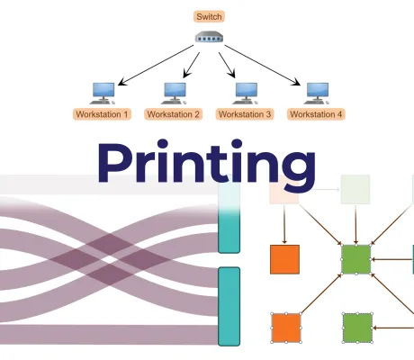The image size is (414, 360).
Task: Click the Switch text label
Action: tap(209, 16)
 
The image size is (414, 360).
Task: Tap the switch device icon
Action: tap(209, 39)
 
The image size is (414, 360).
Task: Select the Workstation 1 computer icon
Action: tap(102, 91)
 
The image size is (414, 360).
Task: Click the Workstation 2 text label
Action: tap(173, 114)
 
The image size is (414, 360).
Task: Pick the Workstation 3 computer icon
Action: tap(244, 91)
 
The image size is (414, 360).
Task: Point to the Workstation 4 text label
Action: tap(315, 114)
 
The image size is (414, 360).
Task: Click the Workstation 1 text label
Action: tap(102, 114)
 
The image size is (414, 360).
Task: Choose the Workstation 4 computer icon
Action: tap(315, 91)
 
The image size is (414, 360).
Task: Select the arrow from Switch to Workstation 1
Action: tap(153, 64)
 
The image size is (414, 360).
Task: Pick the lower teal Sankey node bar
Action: tap(229, 306)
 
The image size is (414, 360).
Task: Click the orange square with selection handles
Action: tap(285, 328)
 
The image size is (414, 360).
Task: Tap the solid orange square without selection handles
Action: tap(285, 259)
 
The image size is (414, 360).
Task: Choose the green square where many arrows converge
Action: tap(356, 259)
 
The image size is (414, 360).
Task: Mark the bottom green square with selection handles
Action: tap(357, 328)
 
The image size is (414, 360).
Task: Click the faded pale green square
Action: tap(355, 190)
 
